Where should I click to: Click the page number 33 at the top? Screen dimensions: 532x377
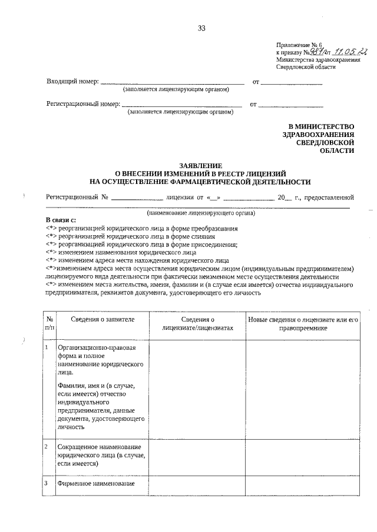click(x=201, y=28)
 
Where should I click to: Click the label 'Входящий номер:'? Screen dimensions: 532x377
click(x=72, y=82)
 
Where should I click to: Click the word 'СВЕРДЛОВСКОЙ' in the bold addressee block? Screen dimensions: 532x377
click(x=326, y=142)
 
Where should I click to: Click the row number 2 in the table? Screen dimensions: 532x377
click(x=47, y=447)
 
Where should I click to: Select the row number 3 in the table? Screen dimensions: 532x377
click(x=47, y=483)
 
